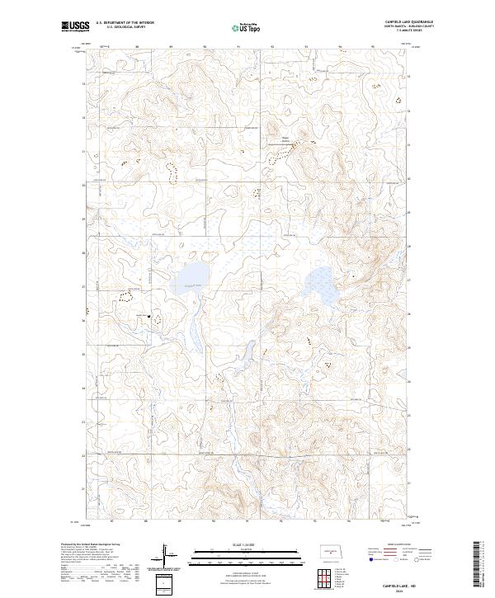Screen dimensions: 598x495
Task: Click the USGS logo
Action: (x=74, y=26)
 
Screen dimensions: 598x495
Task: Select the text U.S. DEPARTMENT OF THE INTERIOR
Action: (x=125, y=22)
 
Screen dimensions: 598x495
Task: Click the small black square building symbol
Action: (x=148, y=315)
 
